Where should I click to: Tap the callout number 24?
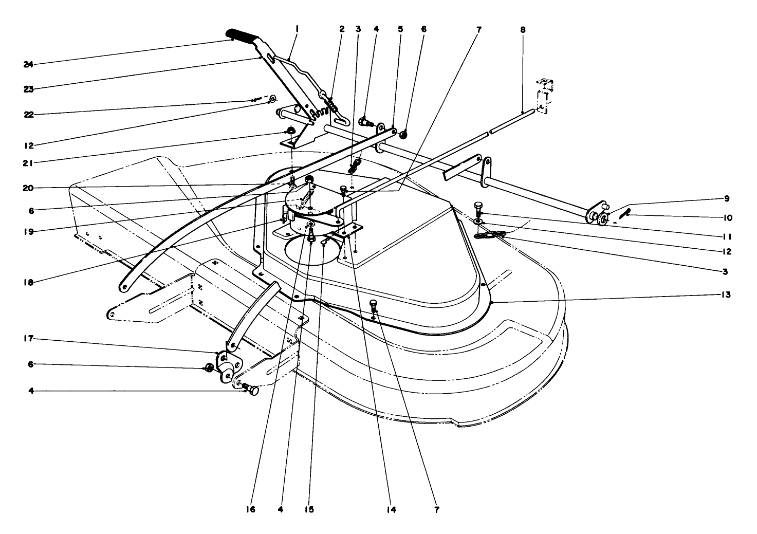click(28, 64)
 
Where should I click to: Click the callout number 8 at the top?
click(523, 30)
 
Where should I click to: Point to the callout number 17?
click(28, 339)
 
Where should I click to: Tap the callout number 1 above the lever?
click(297, 30)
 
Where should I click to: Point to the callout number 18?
click(28, 281)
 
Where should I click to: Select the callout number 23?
click(28, 89)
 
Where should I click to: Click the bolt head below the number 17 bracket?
click(251, 391)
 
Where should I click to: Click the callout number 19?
click(28, 231)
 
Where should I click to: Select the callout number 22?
click(28, 115)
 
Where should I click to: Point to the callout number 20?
click(28, 188)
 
